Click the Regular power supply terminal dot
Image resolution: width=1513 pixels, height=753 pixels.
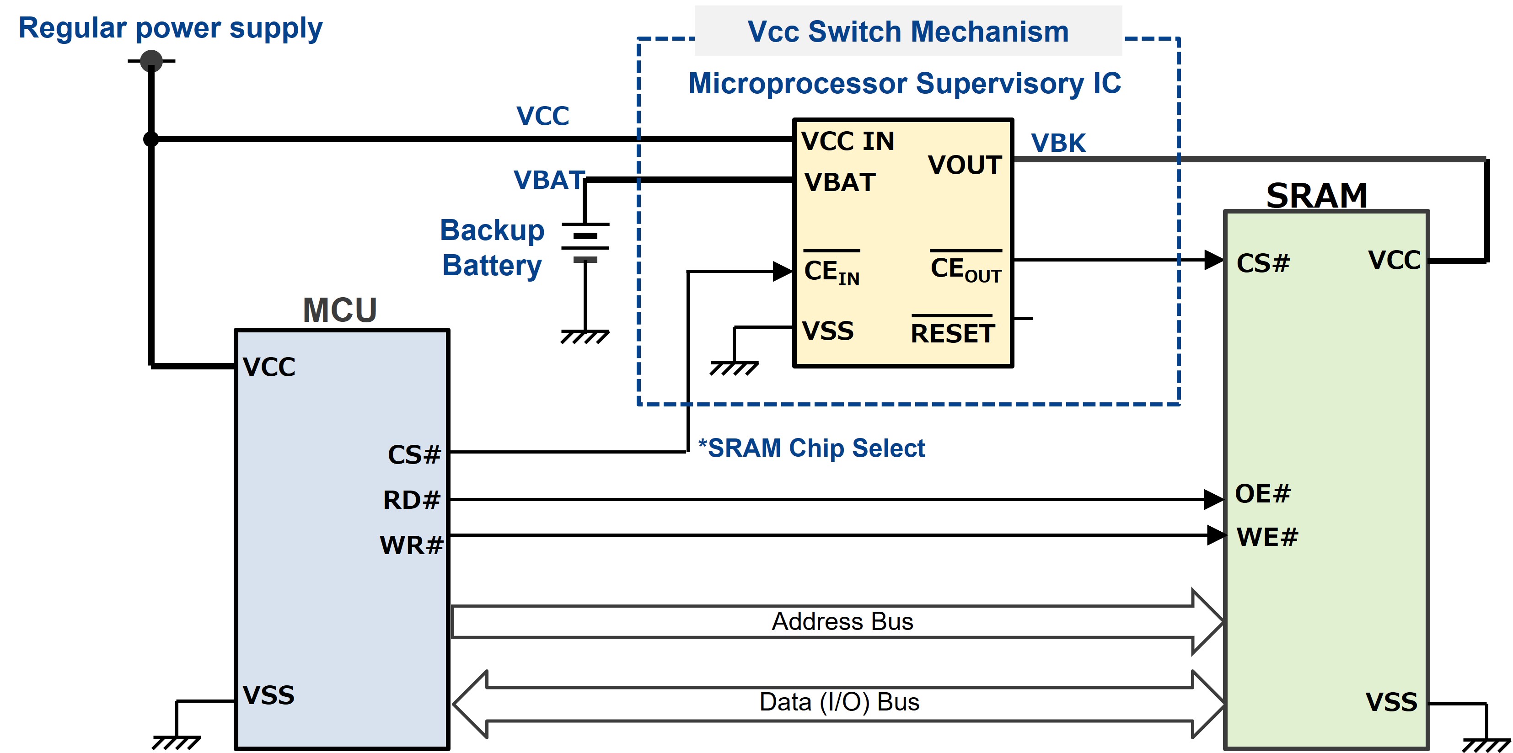pos(151,60)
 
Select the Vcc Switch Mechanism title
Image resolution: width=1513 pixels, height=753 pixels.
pos(907,31)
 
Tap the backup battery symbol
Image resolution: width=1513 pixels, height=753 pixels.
pos(585,241)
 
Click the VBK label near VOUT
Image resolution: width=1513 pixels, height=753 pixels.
pos(1058,143)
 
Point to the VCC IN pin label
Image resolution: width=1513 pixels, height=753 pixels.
pos(848,141)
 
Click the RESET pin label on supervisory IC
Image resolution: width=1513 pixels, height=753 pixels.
pos(952,333)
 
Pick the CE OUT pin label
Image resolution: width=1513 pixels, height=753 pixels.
pos(966,269)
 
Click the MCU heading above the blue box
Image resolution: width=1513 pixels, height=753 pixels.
pos(339,310)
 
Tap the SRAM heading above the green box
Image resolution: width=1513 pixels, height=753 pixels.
pos(1316,195)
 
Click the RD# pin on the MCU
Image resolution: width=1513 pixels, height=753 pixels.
pos(411,500)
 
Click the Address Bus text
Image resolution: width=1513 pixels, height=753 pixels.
pos(842,621)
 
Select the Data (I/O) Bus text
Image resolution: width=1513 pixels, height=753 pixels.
pos(839,702)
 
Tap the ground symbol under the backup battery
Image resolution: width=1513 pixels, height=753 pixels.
pos(585,336)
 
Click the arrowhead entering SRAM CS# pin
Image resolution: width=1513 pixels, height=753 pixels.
pos(1213,259)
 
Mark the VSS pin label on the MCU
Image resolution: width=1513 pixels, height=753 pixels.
pos(268,695)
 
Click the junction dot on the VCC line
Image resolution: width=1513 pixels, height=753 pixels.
pos(151,139)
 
